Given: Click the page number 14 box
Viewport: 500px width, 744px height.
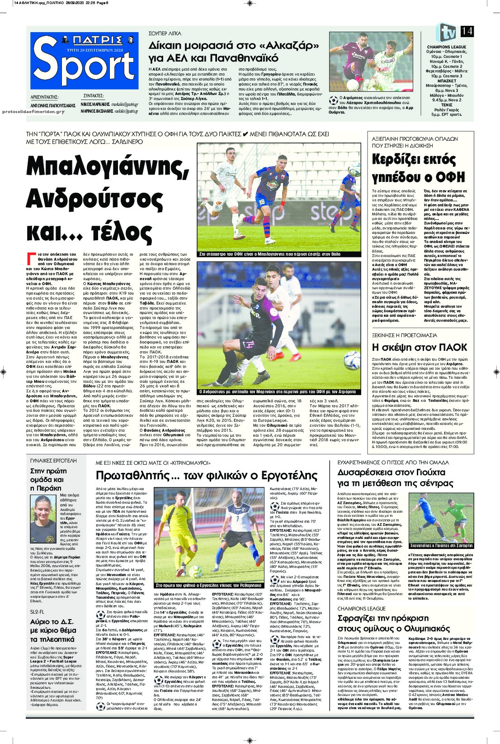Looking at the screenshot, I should point(467,32).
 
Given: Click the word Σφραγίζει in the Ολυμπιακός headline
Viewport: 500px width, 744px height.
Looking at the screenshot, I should point(360,617).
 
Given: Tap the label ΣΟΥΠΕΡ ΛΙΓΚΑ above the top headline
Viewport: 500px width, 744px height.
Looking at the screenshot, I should point(165,34).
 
